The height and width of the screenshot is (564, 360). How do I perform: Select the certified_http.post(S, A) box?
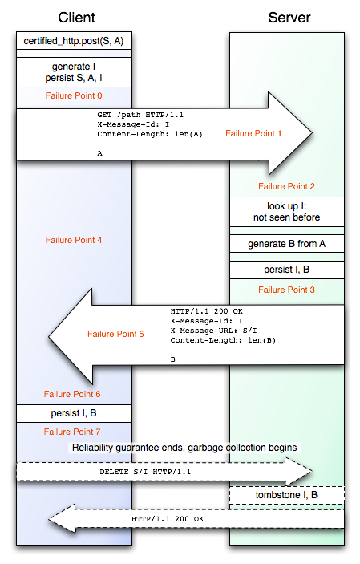tap(74, 42)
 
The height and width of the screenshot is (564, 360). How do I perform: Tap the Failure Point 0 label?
tap(74, 95)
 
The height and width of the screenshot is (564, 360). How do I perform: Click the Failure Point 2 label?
tap(286, 186)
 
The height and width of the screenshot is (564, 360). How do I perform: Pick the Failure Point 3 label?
tap(286, 290)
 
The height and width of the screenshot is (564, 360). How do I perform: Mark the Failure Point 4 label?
tap(74, 240)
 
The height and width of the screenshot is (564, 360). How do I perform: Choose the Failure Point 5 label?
tap(115, 334)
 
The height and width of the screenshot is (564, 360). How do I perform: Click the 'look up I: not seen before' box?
tap(287, 212)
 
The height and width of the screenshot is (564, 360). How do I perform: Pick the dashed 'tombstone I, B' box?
tap(287, 495)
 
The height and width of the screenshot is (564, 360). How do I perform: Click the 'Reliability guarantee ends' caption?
tap(184, 448)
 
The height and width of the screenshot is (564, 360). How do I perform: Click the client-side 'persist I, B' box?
tap(74, 413)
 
